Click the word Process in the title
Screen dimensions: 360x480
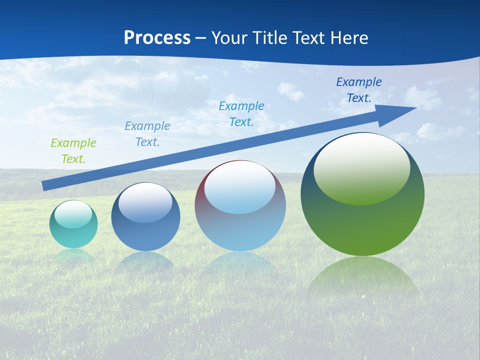point(157,37)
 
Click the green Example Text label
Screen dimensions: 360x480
point(73,150)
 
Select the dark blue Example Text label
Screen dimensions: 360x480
point(359,89)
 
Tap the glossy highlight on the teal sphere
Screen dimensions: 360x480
point(73,213)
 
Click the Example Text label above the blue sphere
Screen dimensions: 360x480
point(147,133)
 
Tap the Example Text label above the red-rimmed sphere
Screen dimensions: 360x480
point(241,113)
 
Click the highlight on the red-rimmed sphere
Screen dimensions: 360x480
point(240,187)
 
